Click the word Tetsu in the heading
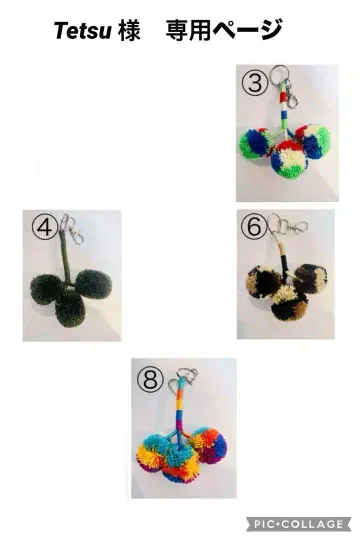pos(83,30)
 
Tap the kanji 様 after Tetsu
pos(128,30)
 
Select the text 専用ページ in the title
pos(224,30)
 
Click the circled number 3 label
pos(255,83)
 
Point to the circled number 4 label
pos(45,227)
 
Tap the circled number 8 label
pos(150,379)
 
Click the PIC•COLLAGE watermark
pos(298,525)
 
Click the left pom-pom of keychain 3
pos(256,143)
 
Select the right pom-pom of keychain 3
pos(312,141)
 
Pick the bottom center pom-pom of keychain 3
pos(288,160)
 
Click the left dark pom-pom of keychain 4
pos(47,289)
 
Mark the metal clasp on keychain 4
pos(76,233)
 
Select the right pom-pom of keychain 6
pos(310,279)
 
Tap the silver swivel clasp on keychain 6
pos(296,227)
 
